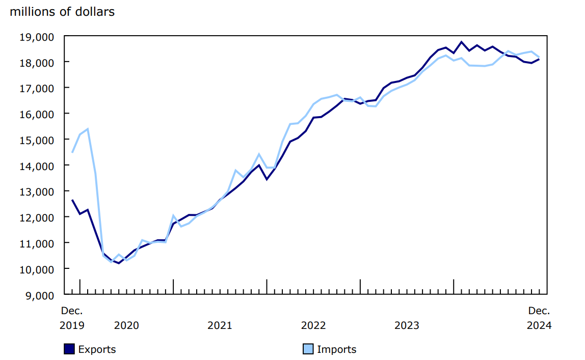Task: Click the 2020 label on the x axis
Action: click(x=126, y=325)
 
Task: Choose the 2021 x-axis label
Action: click(x=220, y=325)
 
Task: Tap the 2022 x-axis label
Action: click(x=313, y=325)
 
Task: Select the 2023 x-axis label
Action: click(x=407, y=325)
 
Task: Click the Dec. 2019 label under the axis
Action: click(x=72, y=318)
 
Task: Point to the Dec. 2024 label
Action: click(x=539, y=318)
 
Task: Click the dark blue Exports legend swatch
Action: click(x=69, y=349)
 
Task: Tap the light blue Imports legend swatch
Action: click(x=308, y=349)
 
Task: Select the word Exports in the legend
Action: click(x=97, y=349)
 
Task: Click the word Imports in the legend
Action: click(x=336, y=349)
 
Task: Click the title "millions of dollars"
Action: click(x=62, y=12)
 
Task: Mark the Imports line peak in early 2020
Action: click(x=88, y=129)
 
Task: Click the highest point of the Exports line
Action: click(x=461, y=42)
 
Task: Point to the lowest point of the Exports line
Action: click(x=119, y=263)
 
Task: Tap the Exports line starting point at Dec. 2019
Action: click(x=72, y=200)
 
